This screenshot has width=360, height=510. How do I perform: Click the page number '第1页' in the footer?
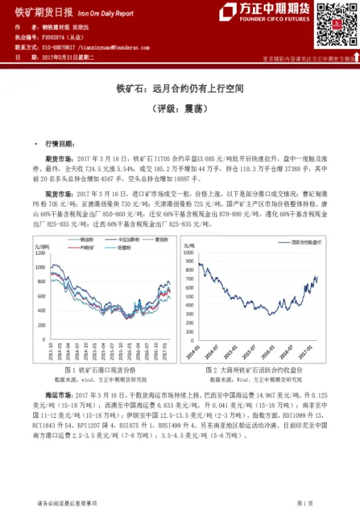(x=306, y=501)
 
